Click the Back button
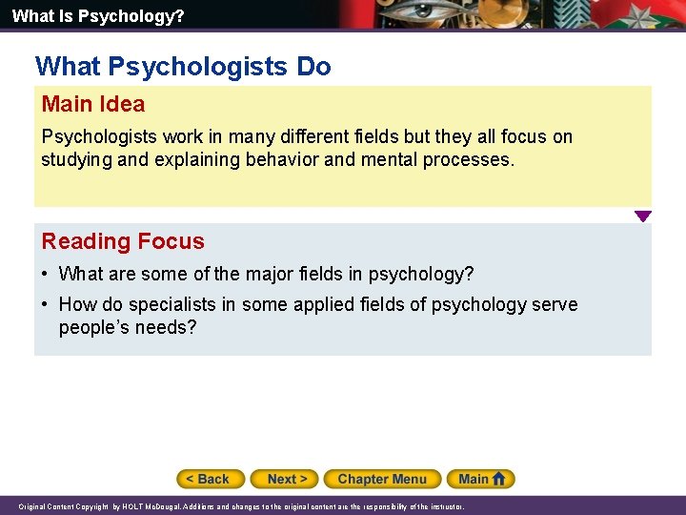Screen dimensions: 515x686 click(211, 479)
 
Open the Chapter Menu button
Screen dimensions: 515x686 click(382, 479)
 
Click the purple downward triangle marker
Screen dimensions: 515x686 click(643, 216)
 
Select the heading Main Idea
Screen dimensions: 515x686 click(93, 104)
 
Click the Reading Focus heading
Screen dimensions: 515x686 click(123, 241)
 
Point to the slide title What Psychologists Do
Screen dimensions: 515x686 click(183, 67)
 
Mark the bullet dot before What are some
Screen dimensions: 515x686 click(46, 275)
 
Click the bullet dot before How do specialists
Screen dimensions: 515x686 click(46, 305)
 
